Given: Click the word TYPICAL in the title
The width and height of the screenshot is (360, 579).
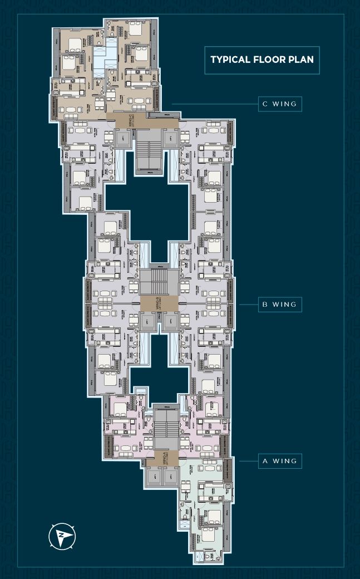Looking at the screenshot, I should coord(229,59).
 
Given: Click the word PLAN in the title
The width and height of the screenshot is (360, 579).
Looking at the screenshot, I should coord(301,59).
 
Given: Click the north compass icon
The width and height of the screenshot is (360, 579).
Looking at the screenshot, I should coord(62,536).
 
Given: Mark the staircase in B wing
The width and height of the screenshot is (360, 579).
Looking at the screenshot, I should coord(159,281).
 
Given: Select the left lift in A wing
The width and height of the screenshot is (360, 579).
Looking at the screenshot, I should coord(153,475).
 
